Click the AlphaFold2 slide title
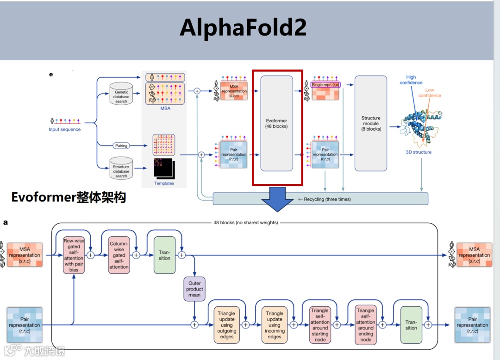point(243,28)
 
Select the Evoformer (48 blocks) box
point(276,123)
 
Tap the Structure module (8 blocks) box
point(370,123)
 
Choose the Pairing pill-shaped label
point(121,145)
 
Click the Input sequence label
point(64,130)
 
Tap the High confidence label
point(411,80)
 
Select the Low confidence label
point(430,93)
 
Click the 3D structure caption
point(418,152)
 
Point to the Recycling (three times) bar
point(324,199)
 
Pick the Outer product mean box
point(194,289)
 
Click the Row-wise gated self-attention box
point(74,255)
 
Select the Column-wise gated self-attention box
point(119,255)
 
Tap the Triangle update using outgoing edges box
point(226,325)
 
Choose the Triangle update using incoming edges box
point(274,325)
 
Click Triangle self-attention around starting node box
point(320,325)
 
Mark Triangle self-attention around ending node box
point(365,325)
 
